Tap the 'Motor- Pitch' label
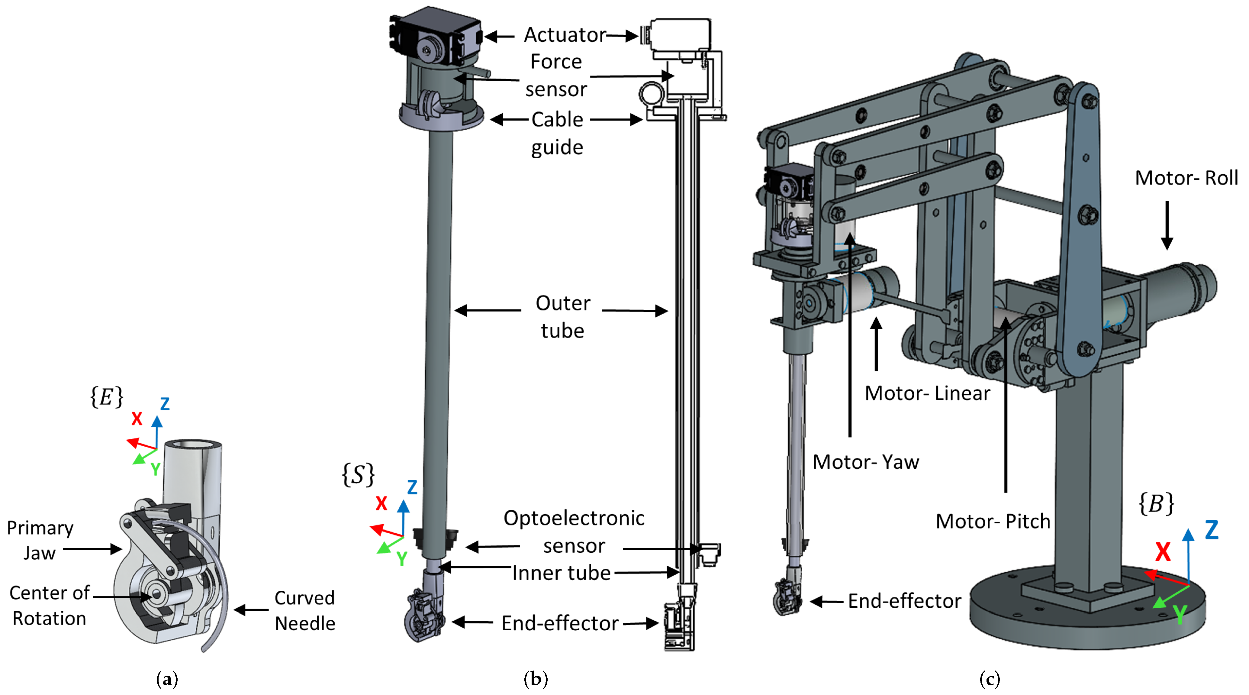click(x=993, y=521)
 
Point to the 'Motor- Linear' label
click(x=927, y=393)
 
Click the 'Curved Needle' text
click(x=304, y=611)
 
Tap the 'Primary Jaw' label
click(x=40, y=540)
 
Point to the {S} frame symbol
click(x=358, y=474)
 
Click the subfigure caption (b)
click(x=536, y=679)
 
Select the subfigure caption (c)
click(x=990, y=679)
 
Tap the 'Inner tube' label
click(x=562, y=573)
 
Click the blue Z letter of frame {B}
click(x=1212, y=530)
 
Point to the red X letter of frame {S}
click(x=381, y=503)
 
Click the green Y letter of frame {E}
click(x=155, y=469)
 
